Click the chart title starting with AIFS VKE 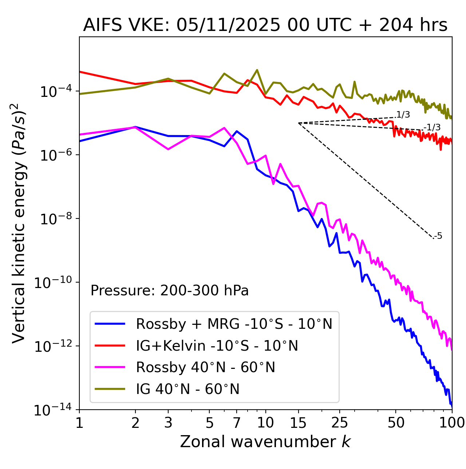(265, 25)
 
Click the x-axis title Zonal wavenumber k (265, 441)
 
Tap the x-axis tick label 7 (237, 423)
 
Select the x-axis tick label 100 (452, 423)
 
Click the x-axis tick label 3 (168, 423)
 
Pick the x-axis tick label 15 (298, 423)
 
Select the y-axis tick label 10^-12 (52, 347)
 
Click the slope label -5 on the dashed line (438, 236)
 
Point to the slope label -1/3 (433, 127)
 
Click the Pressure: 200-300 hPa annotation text (169, 291)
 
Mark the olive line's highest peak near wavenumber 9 (257, 70)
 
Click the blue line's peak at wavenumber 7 (237, 131)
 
